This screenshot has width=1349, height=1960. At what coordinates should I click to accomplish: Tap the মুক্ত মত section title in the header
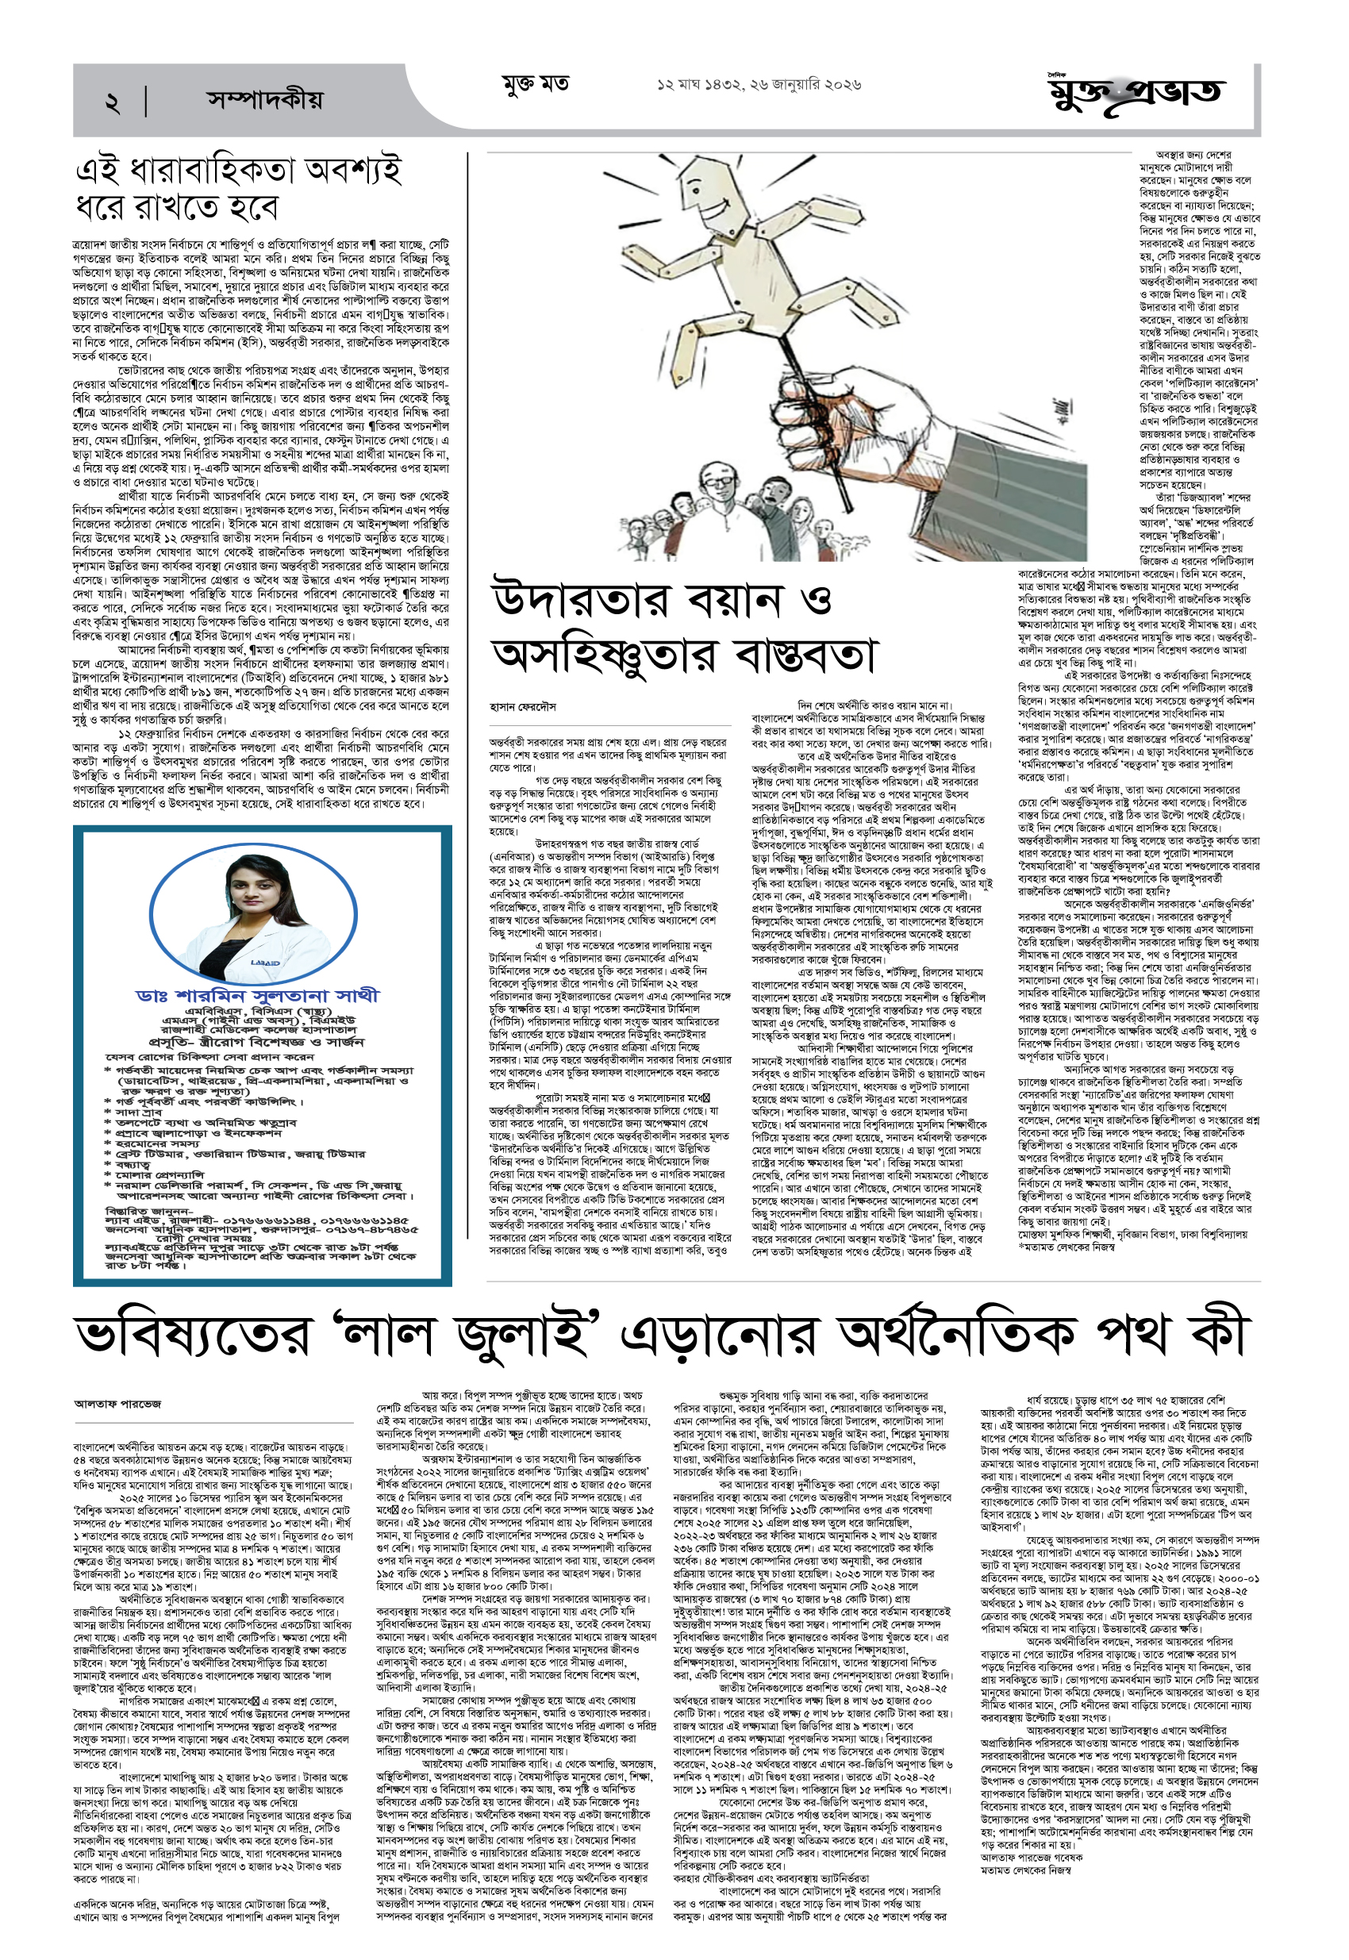tap(535, 85)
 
